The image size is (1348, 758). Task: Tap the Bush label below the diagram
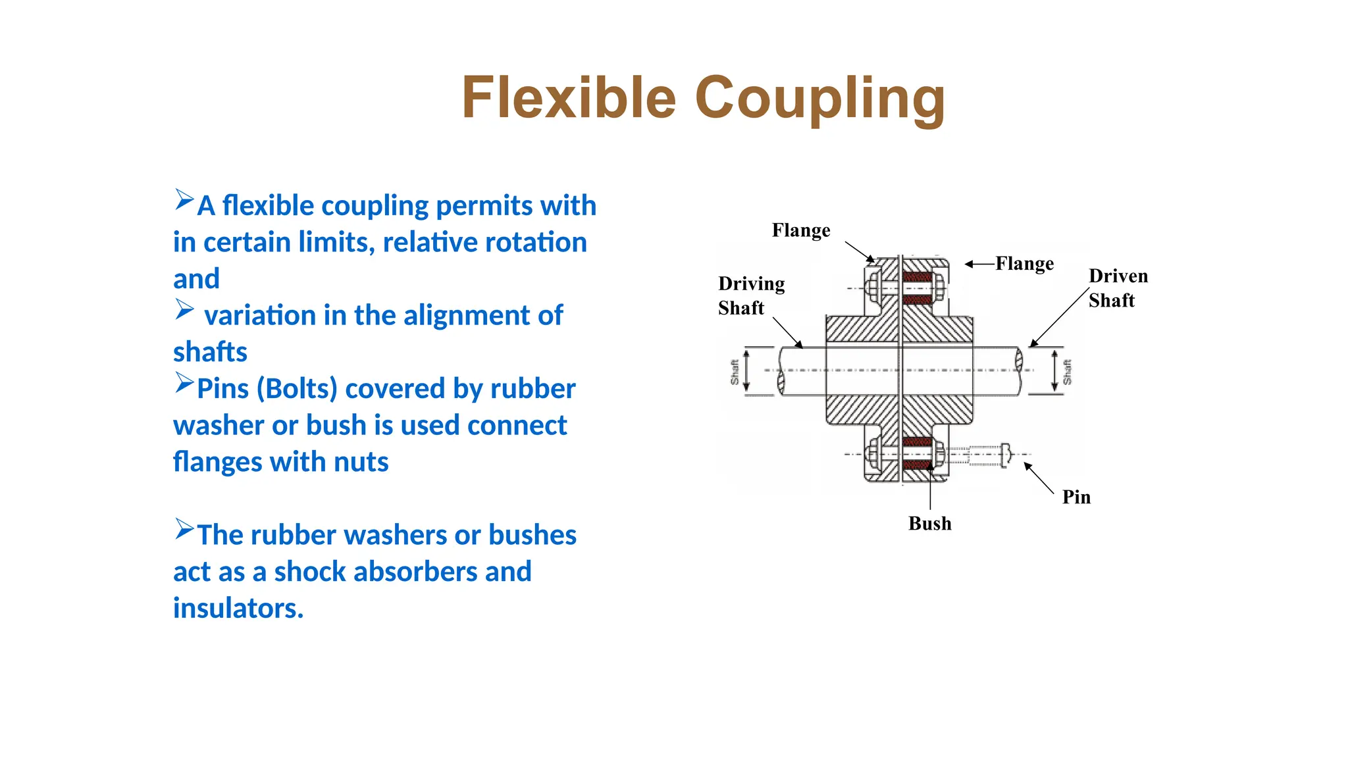[929, 523]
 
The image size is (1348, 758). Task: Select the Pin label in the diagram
[1076, 497]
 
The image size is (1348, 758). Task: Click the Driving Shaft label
[751, 295]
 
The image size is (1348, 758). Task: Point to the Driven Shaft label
[1118, 288]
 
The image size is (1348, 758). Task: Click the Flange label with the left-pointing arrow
[1024, 263]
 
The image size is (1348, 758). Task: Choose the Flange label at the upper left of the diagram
[800, 230]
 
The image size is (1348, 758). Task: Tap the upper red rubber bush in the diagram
[917, 288]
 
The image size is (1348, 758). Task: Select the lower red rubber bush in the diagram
[917, 453]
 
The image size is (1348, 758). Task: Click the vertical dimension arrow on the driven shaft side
[1054, 371]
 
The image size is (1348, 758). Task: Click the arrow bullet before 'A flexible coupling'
[184, 199]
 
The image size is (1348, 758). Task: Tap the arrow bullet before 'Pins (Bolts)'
[184, 382]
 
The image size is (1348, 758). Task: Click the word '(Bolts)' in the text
[296, 389]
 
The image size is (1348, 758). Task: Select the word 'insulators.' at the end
[238, 608]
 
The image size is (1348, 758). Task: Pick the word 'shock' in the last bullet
[310, 572]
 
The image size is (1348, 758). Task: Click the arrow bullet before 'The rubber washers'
[184, 529]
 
